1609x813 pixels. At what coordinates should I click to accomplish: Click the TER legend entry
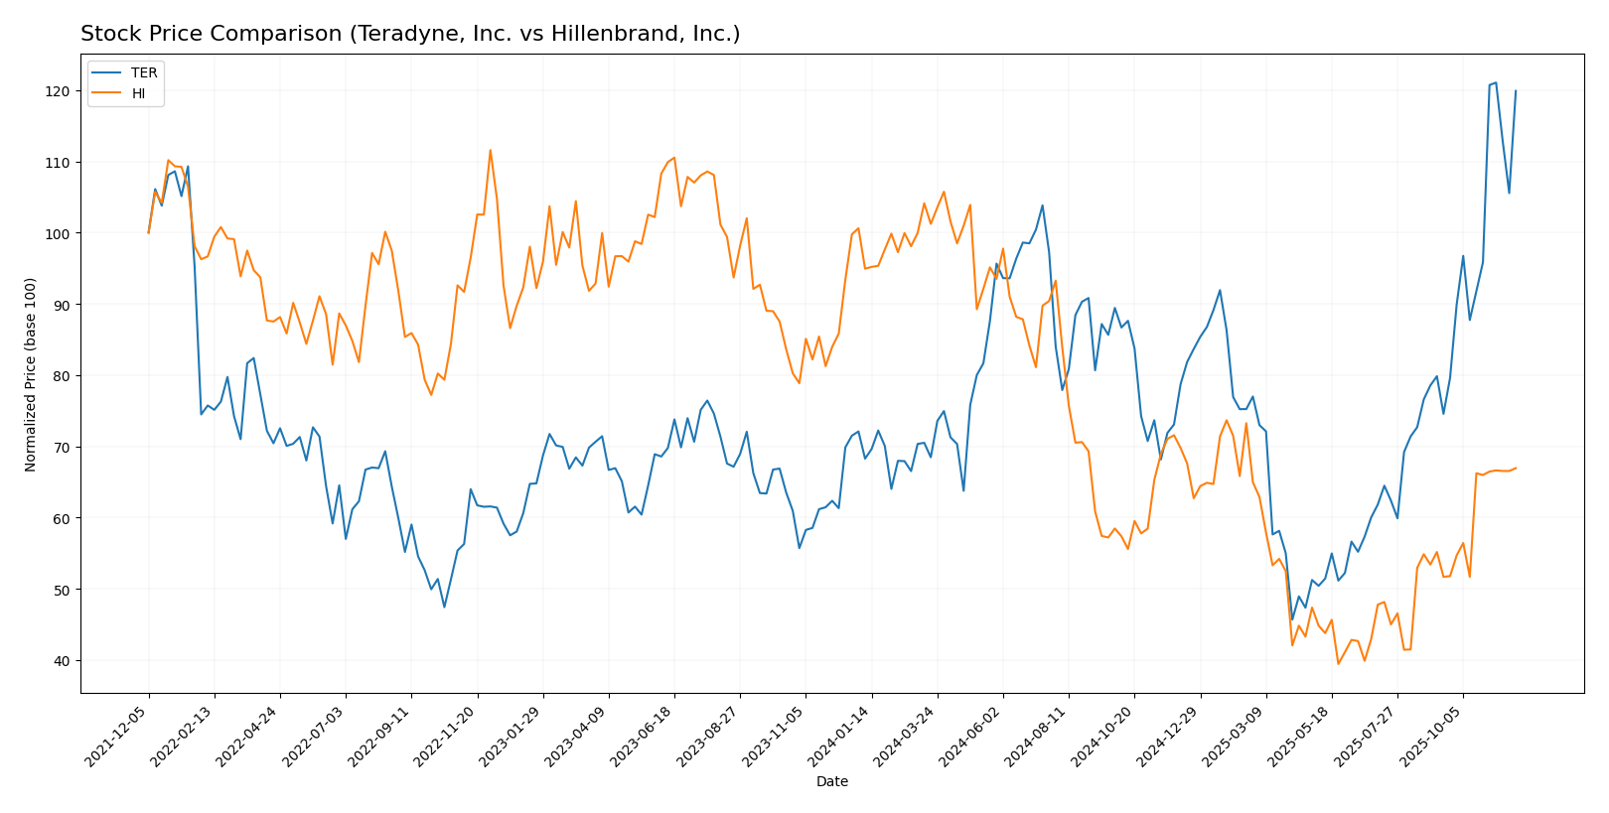pos(143,73)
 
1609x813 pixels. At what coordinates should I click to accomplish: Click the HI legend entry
pos(138,93)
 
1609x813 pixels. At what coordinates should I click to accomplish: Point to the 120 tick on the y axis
pos(60,91)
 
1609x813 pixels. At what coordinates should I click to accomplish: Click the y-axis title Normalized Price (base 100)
pos(31,374)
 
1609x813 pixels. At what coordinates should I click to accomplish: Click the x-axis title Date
pos(831,781)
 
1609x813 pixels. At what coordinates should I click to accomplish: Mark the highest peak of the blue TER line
pos(1496,82)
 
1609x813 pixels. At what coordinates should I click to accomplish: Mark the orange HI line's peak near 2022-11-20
pos(490,150)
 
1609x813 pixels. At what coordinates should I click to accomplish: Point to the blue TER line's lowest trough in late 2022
pos(444,607)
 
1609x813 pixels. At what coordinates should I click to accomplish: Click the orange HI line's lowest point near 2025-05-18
pos(1338,663)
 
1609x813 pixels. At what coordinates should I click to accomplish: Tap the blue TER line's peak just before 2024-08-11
pos(1042,205)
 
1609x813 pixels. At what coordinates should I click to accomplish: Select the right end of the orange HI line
pos(1516,468)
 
